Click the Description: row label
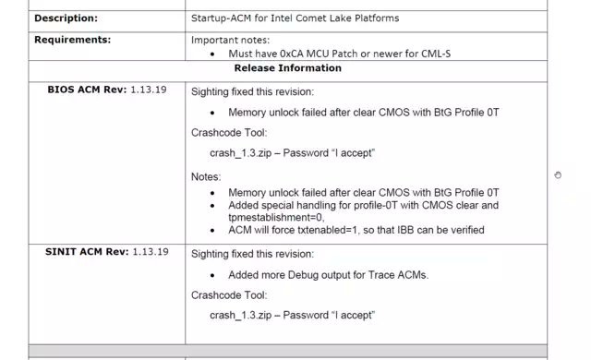pos(66,18)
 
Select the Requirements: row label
pos(73,40)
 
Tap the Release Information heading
pos(287,68)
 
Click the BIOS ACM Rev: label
pos(87,90)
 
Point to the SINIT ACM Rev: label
pos(87,252)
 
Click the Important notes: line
pos(230,41)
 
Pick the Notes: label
pos(206,177)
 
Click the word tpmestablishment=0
pos(276,218)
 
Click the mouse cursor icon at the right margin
pos(558,175)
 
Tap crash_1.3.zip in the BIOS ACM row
pos(240,153)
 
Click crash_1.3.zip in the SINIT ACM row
pos(240,315)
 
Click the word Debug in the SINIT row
pos(303,275)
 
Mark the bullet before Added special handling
pos(212,206)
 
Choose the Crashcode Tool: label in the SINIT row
pos(229,295)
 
